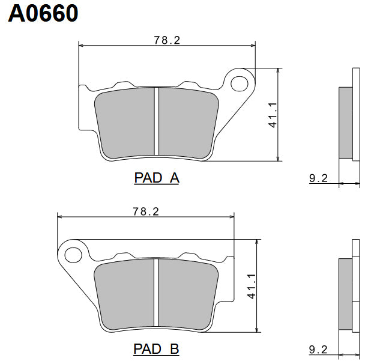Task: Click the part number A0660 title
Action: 43,13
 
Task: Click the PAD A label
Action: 156,178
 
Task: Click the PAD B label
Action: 156,349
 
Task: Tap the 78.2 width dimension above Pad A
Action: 167,40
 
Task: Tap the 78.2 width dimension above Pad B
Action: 145,211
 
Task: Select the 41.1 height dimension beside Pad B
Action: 252,286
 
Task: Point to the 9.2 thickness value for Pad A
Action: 318,178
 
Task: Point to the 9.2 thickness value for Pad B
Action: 318,349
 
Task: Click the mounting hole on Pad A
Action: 240,82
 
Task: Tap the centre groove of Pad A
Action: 156,123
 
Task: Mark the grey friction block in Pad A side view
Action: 345,123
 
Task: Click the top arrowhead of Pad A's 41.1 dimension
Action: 278,70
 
